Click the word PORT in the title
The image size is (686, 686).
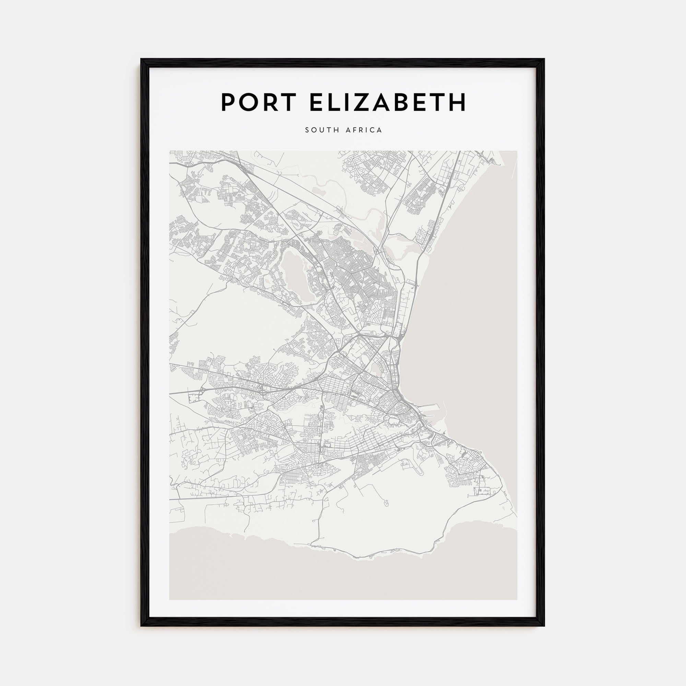point(259,102)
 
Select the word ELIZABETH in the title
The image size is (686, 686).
point(387,102)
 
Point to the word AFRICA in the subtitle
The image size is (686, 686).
point(364,130)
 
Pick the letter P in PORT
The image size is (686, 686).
point(229,102)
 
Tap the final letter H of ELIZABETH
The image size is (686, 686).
point(456,102)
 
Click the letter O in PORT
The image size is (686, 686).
point(249,102)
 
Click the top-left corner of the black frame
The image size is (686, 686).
point(141,59)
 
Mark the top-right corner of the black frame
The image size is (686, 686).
point(544,59)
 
